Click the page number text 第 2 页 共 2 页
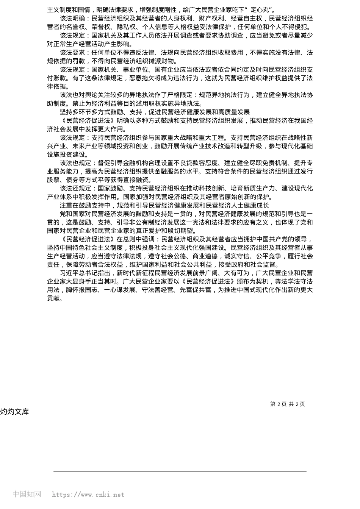pos(287,404)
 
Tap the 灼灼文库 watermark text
pos(14,412)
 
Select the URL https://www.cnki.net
pos(88,495)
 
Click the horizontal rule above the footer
pos(180,472)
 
